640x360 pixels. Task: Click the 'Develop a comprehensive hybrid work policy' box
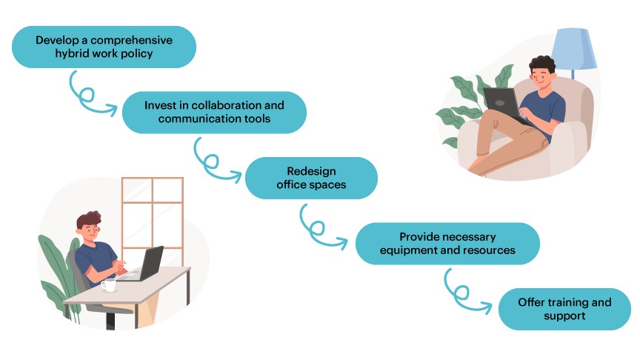pyautogui.click(x=104, y=47)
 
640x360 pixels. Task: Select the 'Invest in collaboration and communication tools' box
pyautogui.click(x=213, y=112)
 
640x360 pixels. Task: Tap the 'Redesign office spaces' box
pyautogui.click(x=311, y=178)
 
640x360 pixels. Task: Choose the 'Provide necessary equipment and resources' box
pyautogui.click(x=447, y=244)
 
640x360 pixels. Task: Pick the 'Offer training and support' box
pyautogui.click(x=564, y=309)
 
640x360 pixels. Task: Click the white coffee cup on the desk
pyautogui.click(x=109, y=284)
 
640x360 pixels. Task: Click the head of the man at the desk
pyautogui.click(x=89, y=225)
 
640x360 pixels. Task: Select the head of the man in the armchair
pyautogui.click(x=543, y=72)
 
